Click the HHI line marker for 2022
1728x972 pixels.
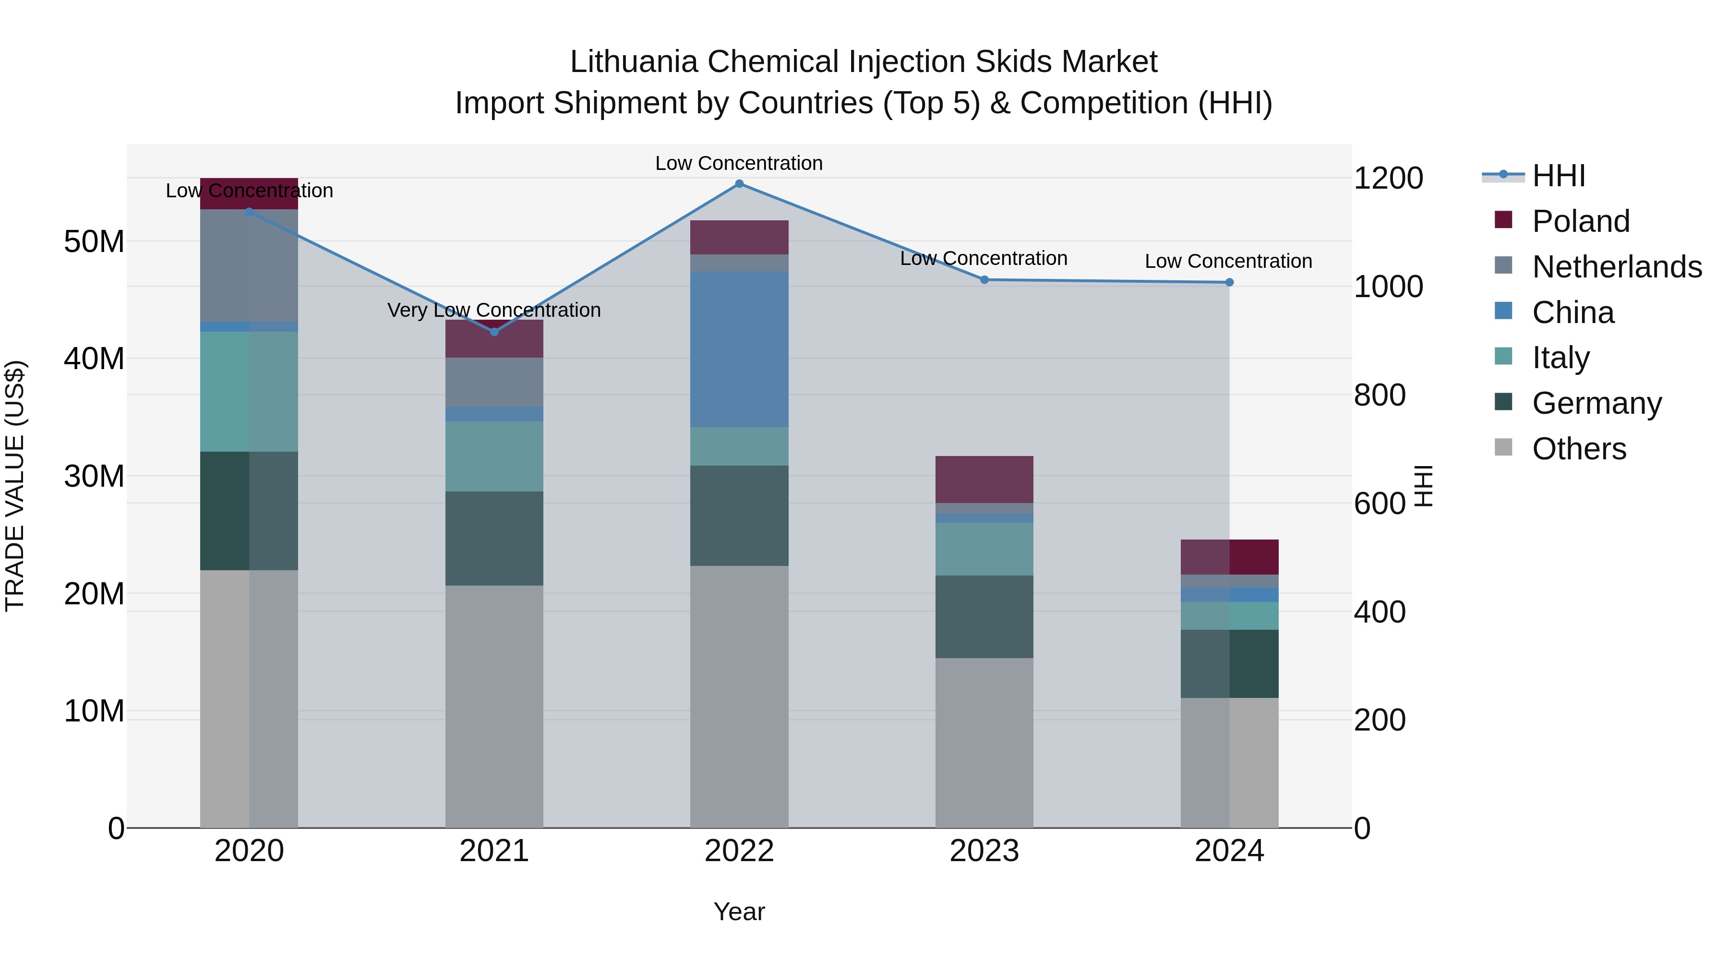click(739, 184)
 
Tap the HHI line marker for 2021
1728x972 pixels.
click(494, 332)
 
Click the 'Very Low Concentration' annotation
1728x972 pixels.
click(494, 310)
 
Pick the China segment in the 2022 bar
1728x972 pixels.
click(739, 349)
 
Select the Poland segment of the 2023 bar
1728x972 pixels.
click(984, 479)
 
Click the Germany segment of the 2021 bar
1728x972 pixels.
click(494, 538)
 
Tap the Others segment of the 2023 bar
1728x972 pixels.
click(984, 742)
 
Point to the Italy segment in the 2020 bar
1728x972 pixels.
click(249, 391)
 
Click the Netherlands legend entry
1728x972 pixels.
click(1617, 267)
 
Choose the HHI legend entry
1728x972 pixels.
click(1558, 176)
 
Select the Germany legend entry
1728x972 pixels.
click(1596, 403)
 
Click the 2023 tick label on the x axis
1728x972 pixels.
click(984, 851)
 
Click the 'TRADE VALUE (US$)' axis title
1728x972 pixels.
click(15, 486)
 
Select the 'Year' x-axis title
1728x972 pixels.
click(739, 912)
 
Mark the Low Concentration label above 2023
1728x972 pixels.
click(984, 258)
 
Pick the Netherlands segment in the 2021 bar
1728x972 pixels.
click(494, 382)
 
